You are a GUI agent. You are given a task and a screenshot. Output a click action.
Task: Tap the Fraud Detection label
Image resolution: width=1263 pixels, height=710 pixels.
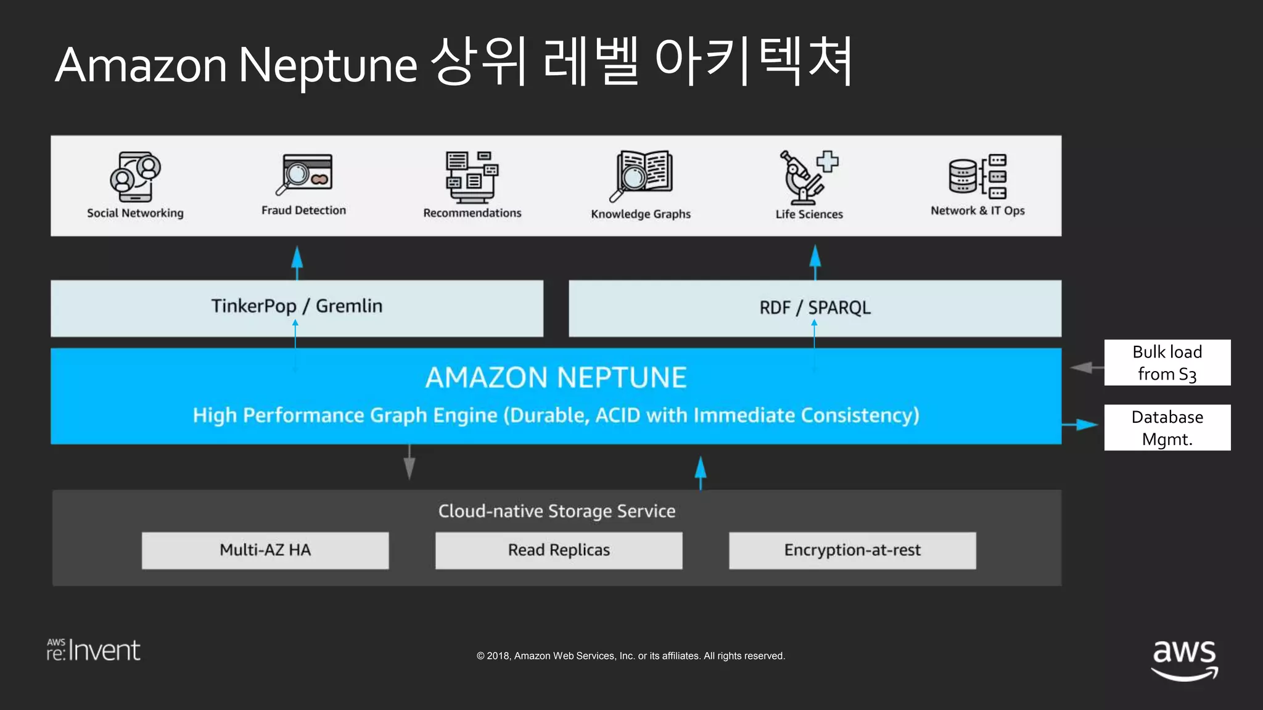coord(303,211)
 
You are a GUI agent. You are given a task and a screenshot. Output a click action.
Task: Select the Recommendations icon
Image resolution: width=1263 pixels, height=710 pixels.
coord(472,177)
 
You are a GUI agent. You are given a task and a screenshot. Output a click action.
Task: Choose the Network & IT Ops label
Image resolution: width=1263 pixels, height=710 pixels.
coord(977,211)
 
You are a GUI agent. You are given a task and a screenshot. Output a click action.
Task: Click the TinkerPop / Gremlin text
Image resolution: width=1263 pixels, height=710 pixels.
coord(297,306)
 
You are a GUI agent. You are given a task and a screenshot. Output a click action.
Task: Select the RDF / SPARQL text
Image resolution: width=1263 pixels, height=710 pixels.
coord(815,308)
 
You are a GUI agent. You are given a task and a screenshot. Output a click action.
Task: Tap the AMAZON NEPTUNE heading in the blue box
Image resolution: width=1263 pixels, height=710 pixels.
coord(556,378)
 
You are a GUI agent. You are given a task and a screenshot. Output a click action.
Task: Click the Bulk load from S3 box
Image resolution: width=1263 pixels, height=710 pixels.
coord(1167,363)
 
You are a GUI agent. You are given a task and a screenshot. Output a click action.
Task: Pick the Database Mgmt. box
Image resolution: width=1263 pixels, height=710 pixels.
coord(1167,428)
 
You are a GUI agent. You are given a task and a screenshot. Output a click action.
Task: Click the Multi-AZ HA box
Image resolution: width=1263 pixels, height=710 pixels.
coord(265,550)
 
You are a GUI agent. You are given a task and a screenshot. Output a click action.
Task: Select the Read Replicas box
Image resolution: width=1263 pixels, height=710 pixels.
coord(559,550)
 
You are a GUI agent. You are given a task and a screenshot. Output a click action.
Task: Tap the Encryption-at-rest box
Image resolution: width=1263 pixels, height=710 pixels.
coord(852,550)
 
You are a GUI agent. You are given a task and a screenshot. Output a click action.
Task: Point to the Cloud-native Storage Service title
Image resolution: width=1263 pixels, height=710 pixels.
coord(557,511)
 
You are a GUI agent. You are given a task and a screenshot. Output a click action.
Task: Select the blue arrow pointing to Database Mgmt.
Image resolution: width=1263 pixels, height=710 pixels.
coord(1080,425)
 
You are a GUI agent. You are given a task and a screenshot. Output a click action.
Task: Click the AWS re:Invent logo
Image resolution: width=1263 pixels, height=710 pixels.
coord(94,651)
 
